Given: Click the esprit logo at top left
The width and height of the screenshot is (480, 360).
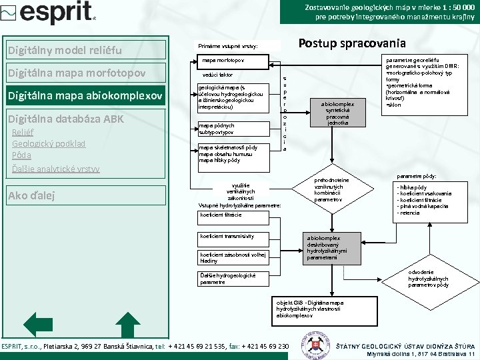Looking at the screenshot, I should point(51,13).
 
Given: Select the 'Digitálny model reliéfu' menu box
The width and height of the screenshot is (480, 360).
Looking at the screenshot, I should point(85,51).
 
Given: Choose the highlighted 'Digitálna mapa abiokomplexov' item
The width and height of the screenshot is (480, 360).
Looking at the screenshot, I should point(85,97).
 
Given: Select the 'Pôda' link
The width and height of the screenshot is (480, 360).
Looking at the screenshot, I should point(22,155).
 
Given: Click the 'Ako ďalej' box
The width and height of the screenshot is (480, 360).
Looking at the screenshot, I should point(85,195).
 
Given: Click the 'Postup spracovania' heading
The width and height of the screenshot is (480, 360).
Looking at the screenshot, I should point(351,43).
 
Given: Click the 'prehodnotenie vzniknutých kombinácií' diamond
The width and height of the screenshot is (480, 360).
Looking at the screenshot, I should point(331,189).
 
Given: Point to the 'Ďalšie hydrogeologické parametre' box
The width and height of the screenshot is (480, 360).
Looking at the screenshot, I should point(227,279).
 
